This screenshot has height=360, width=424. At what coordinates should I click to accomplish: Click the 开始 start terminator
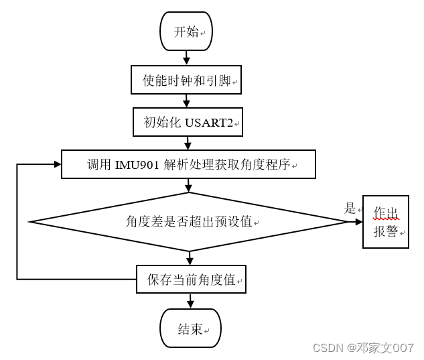click(x=186, y=31)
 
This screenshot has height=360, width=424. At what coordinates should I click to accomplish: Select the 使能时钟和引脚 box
click(x=186, y=80)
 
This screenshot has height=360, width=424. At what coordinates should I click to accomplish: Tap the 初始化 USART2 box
click(x=188, y=122)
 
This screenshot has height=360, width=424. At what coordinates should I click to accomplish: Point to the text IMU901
click(x=137, y=165)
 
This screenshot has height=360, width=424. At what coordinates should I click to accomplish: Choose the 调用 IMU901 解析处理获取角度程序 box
click(x=188, y=164)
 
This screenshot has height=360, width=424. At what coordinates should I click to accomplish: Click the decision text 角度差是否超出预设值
click(x=189, y=221)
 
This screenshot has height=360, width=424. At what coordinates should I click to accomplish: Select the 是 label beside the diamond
click(x=350, y=208)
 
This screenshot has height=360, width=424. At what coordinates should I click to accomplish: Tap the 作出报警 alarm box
click(x=385, y=222)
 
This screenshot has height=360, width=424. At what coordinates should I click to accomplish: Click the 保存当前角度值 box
click(x=191, y=280)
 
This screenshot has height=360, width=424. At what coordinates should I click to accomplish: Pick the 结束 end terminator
click(x=190, y=328)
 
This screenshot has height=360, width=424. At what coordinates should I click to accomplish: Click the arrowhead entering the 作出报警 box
click(x=358, y=221)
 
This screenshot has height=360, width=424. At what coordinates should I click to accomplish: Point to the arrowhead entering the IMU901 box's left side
click(x=58, y=164)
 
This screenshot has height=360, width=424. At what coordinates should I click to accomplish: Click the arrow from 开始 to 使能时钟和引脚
click(x=186, y=58)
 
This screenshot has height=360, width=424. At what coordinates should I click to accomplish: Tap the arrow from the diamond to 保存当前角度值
click(x=190, y=258)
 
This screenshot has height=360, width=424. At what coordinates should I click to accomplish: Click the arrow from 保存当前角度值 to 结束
click(x=190, y=301)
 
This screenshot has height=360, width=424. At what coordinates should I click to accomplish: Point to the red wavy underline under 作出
click(x=386, y=219)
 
